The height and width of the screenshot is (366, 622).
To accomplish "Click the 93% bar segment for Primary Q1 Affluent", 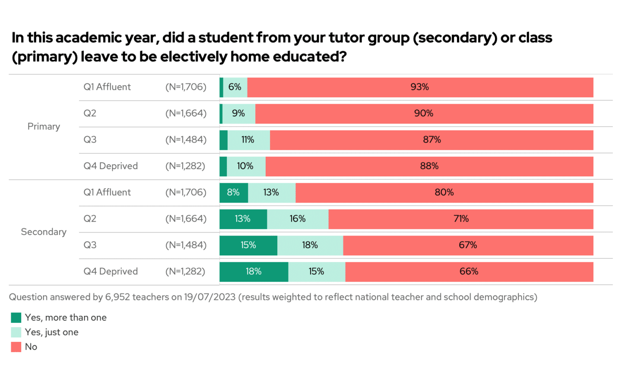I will (420, 87).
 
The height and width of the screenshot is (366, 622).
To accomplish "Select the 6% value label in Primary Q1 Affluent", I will (235, 87).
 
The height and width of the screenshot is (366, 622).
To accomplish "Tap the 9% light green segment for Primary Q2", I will (238, 114).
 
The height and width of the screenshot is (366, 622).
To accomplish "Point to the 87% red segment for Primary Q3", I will (432, 140).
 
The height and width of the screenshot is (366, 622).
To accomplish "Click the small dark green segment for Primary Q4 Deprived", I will (223, 166).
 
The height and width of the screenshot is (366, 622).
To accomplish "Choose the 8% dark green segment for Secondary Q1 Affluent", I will (233, 193).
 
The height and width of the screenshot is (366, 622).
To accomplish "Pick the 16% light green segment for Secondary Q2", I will (298, 219).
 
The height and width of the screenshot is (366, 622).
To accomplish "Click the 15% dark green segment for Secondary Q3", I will (248, 245).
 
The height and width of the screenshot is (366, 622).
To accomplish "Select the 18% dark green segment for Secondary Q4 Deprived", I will (254, 272).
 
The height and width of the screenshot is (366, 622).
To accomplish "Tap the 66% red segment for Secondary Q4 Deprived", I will (469, 272).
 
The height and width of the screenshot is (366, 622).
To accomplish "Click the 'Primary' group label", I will (44, 127).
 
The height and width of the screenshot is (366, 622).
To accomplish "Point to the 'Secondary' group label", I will (44, 232).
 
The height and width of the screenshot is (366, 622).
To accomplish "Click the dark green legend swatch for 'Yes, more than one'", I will (16, 318).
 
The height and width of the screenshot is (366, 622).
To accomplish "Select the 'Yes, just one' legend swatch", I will (16, 332).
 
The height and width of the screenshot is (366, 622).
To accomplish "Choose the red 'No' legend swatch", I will (16, 347).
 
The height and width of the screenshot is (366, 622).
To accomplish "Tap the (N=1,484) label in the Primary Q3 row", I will (186, 140).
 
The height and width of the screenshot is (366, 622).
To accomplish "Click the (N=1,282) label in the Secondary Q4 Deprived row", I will (185, 272).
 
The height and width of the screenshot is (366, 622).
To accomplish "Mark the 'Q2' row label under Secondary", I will (90, 219).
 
